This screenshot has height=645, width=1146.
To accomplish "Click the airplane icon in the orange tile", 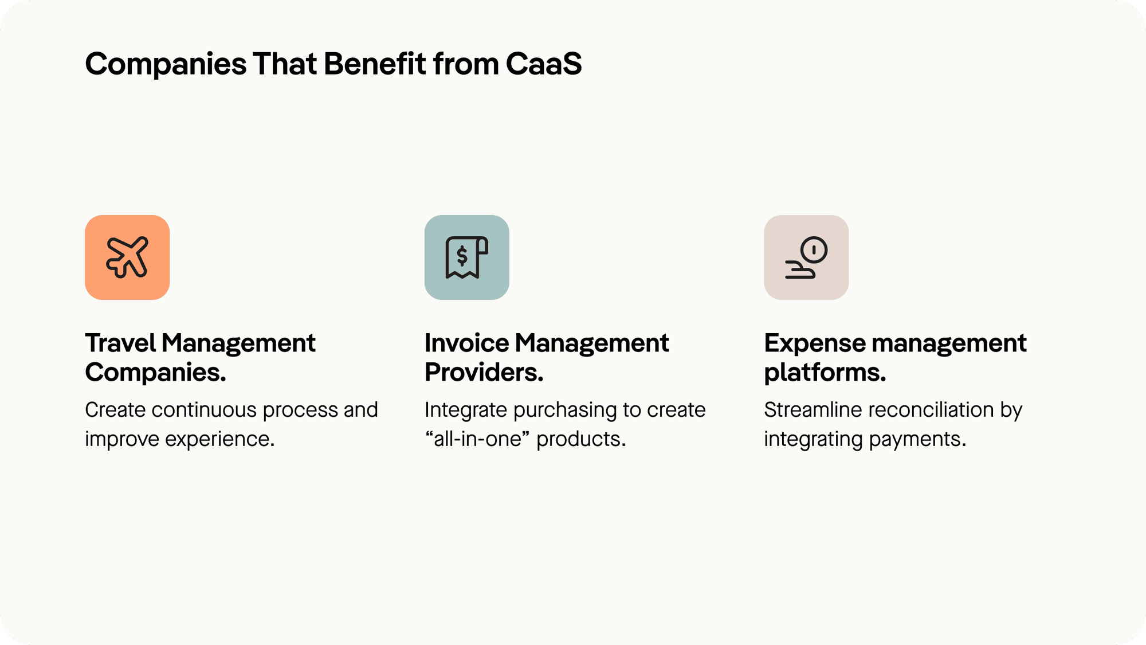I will click(x=127, y=257).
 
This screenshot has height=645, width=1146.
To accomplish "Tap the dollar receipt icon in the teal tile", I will click(x=466, y=257).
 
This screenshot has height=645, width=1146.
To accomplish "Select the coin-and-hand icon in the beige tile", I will click(x=806, y=257).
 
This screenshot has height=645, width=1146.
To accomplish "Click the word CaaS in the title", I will click(x=543, y=64).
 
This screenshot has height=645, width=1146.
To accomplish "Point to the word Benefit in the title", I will click(x=375, y=64).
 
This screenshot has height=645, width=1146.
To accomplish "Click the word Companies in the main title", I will click(x=166, y=64).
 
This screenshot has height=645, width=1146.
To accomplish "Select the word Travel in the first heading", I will click(x=120, y=343).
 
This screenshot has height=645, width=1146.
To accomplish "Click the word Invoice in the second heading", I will click(x=466, y=343).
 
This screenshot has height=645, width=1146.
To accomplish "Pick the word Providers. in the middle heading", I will click(x=484, y=372).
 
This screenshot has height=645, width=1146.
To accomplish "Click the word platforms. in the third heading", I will click(x=825, y=372).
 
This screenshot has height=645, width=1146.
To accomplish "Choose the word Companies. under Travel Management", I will click(x=155, y=372).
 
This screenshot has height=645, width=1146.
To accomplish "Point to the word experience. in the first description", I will click(x=220, y=439).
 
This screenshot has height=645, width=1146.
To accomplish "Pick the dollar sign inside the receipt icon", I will click(x=462, y=256).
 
